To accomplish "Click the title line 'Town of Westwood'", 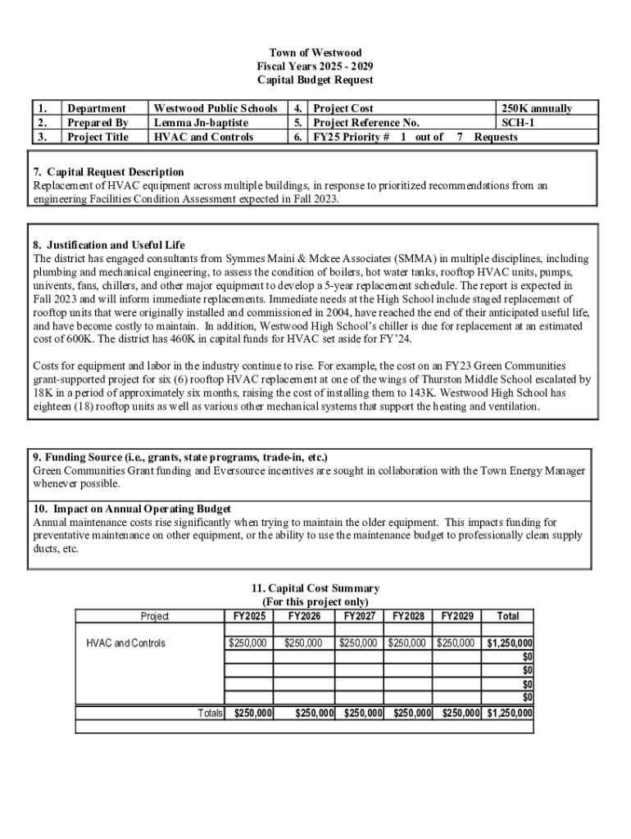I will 315,52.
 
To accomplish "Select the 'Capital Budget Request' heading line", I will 315,79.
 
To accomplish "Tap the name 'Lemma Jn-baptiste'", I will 201,123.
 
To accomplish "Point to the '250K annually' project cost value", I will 537,108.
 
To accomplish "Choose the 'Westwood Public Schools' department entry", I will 216,108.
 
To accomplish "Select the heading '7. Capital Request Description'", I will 109,172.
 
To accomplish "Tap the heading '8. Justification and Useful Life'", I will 109,245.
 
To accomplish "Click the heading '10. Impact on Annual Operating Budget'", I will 131,509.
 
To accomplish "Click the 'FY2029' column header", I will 457,616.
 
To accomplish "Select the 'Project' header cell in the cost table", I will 155,616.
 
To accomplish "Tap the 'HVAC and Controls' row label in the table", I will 125,643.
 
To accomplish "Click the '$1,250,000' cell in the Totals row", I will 509,714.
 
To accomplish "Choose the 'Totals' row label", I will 211,714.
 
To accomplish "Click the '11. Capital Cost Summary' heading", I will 315,588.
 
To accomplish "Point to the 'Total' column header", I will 508,616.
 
